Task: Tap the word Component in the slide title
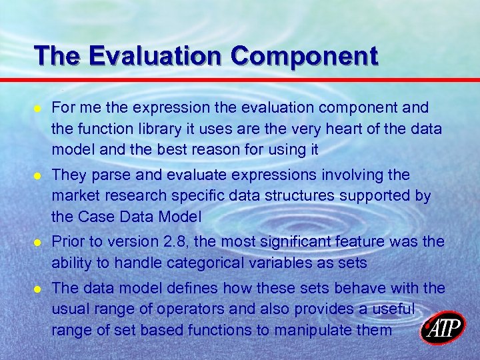tap(304, 55)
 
